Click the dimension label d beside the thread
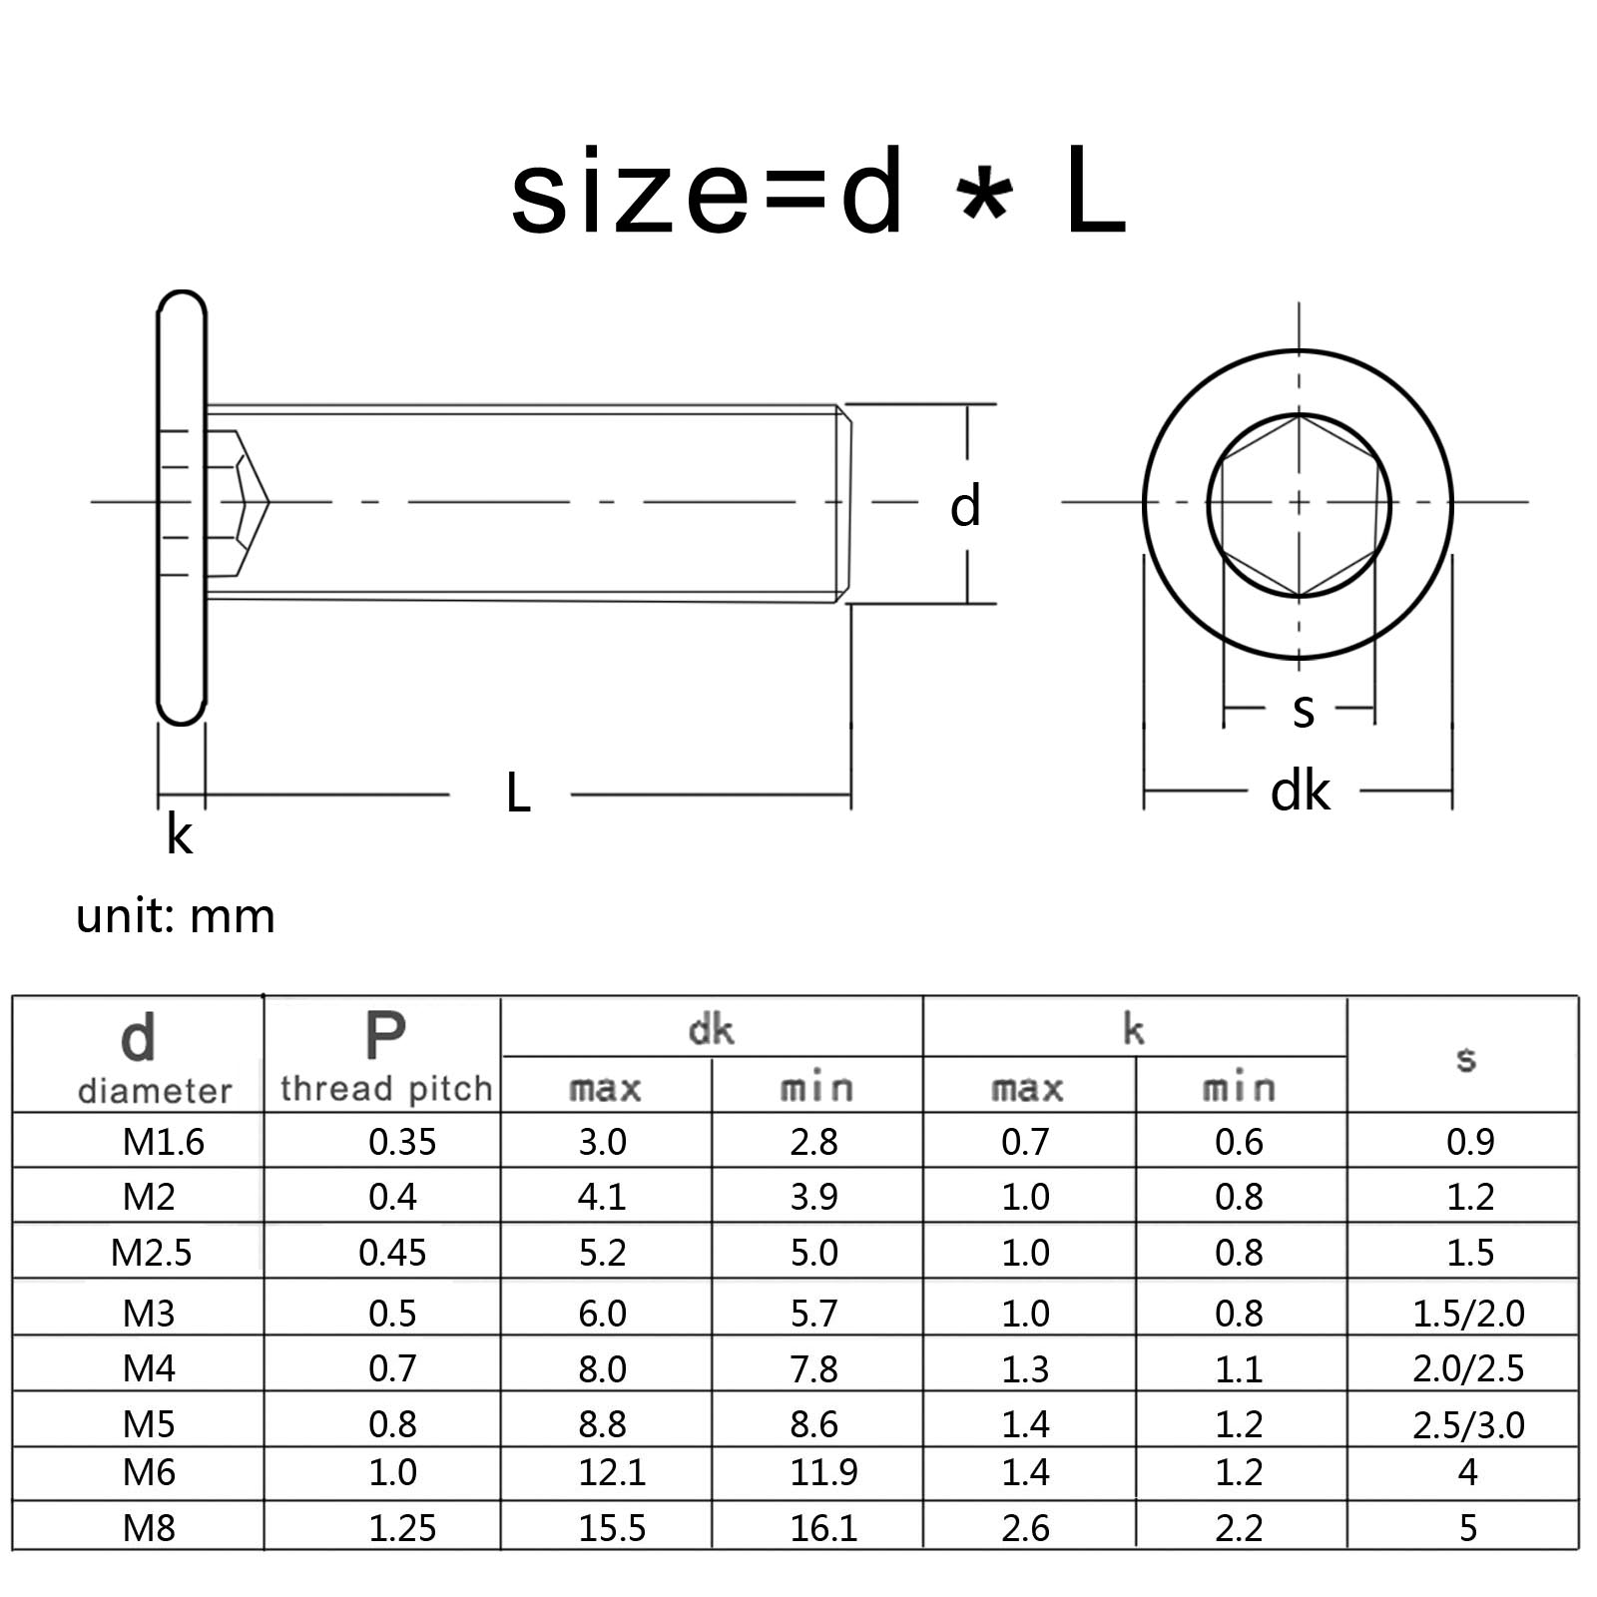(964, 506)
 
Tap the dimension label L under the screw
(517, 794)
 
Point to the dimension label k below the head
(179, 834)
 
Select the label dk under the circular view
(1300, 792)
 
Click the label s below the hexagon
(1303, 710)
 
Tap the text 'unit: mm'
(176, 915)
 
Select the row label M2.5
(151, 1252)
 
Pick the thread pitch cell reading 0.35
(402, 1141)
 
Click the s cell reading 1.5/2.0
(1468, 1313)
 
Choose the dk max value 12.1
(612, 1472)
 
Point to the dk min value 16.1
(823, 1528)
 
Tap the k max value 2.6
(1025, 1528)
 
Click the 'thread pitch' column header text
(386, 1088)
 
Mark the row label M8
(149, 1528)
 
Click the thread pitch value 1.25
(402, 1528)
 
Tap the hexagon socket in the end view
(1299, 505)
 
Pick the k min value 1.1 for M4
(1239, 1368)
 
